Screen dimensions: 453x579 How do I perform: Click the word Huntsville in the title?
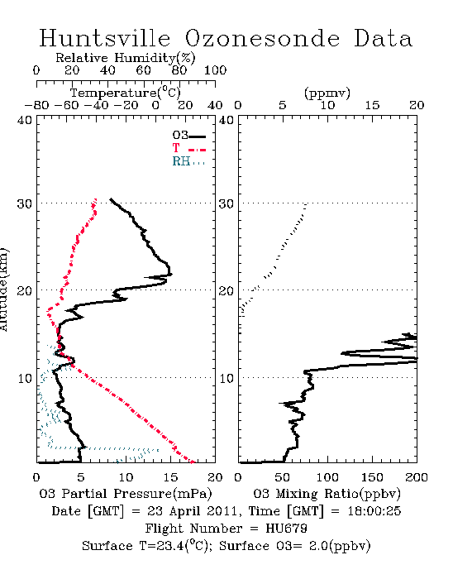(x=105, y=38)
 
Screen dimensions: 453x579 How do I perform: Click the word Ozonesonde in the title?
(x=261, y=38)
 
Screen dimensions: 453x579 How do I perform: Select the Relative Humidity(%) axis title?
(x=126, y=58)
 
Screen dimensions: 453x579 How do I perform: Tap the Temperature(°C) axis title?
(x=126, y=93)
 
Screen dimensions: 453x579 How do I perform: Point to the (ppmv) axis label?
(x=327, y=93)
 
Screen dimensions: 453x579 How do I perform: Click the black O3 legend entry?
(x=188, y=136)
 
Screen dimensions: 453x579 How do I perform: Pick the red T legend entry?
(x=188, y=149)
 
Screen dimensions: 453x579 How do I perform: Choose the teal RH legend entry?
(x=188, y=161)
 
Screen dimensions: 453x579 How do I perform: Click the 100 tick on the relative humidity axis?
(x=215, y=70)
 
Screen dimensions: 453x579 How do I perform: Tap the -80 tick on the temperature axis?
(x=36, y=105)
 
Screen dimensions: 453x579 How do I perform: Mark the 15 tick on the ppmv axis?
(x=372, y=105)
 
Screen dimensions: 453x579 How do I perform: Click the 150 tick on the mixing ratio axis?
(x=372, y=477)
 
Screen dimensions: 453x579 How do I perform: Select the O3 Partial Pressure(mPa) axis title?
(x=126, y=494)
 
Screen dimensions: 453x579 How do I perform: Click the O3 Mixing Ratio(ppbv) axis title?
(x=327, y=494)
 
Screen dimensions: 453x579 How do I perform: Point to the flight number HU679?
(x=286, y=529)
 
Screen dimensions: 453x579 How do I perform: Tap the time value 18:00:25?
(x=374, y=511)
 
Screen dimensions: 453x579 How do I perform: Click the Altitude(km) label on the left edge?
(x=3, y=290)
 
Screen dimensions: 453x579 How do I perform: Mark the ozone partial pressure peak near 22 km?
(x=171, y=274)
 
